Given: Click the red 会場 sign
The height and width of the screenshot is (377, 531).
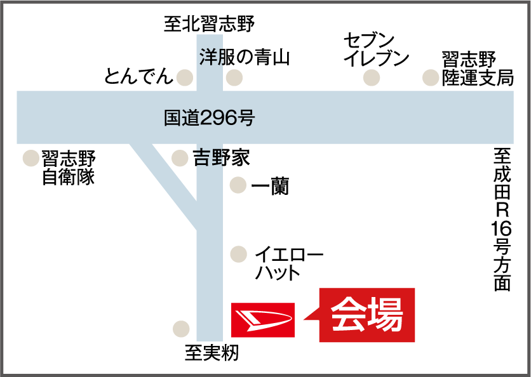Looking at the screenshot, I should [367, 315].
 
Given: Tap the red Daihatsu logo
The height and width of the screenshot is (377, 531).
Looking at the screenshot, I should [262, 319].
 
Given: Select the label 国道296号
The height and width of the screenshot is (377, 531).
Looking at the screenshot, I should [209, 117].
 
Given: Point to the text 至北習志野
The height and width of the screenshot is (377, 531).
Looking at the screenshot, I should [209, 25].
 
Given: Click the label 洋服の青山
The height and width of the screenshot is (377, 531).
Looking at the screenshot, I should [245, 58].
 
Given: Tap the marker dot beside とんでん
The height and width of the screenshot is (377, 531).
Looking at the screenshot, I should [185, 78].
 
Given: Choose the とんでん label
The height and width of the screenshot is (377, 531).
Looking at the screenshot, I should [139, 77].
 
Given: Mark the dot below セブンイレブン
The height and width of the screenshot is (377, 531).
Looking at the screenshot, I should [372, 78].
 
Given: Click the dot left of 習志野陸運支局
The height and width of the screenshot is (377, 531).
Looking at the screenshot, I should [431, 78].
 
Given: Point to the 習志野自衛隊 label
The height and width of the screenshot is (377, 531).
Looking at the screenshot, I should [68, 167].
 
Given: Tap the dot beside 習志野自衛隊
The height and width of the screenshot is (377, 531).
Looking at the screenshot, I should [30, 158].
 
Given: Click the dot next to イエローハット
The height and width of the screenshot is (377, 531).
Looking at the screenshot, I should [238, 255].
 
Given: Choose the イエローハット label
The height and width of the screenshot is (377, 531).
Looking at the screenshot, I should [289, 264].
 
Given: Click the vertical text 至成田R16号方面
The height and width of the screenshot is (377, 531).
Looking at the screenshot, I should [502, 219].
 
